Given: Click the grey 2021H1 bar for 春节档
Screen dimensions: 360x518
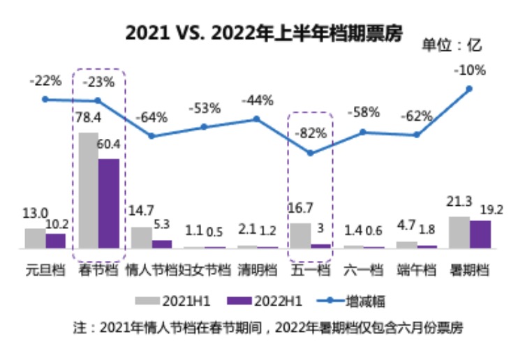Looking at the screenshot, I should [x=89, y=190].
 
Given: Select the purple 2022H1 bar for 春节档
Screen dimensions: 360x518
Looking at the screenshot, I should [x=109, y=203].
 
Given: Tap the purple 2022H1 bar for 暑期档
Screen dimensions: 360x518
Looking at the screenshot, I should [x=480, y=234].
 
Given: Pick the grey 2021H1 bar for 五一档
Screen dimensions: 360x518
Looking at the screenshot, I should [x=301, y=235].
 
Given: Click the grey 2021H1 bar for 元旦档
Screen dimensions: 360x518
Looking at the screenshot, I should [x=35, y=238].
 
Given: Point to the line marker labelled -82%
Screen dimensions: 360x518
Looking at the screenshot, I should [x=311, y=153].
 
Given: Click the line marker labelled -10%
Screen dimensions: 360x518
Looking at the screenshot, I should [x=469, y=89].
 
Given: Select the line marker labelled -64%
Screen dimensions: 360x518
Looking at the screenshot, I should [x=151, y=136].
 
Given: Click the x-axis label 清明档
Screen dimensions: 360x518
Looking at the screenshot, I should [x=257, y=269].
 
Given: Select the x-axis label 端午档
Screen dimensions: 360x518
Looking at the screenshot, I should [x=417, y=269].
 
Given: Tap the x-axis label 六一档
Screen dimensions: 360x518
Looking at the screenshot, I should [x=364, y=269].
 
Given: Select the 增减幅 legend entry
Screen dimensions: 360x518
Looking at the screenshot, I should [x=348, y=301].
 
